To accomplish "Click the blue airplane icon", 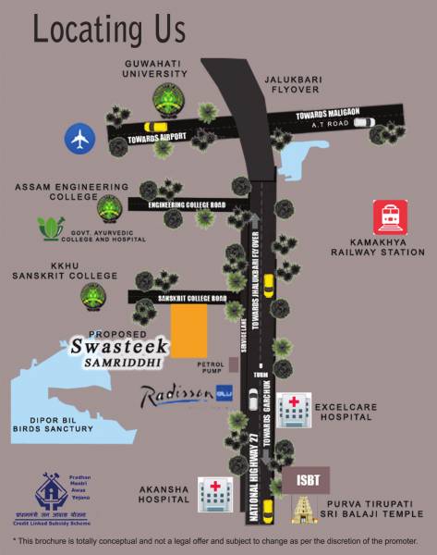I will tap(80, 139).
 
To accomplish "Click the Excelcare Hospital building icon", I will tap(294, 410).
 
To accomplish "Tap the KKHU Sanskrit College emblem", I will tap(93, 295).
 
